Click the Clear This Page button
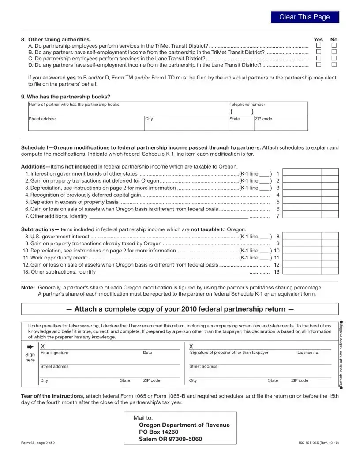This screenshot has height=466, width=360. point(304,17)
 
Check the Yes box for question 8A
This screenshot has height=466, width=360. point(318,45)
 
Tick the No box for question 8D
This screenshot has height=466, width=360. point(334,64)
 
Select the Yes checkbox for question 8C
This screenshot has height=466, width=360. point(318,58)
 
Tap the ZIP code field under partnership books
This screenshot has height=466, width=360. point(280,125)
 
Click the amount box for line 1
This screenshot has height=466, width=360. point(302,174)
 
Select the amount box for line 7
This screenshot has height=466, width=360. point(302,216)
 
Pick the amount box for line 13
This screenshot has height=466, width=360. point(302,272)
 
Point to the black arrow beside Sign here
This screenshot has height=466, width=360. point(30,346)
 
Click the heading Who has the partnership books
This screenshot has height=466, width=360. point(66,97)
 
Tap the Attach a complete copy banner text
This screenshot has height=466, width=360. point(180,309)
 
